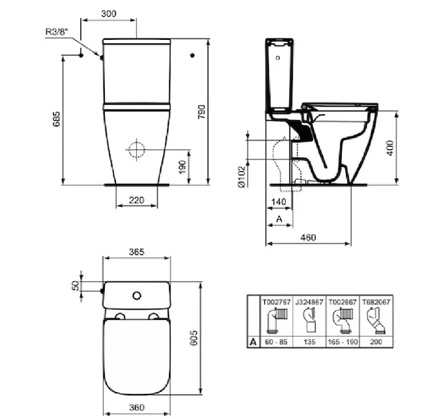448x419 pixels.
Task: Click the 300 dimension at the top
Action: (109, 14)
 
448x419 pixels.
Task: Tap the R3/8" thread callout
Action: (57, 31)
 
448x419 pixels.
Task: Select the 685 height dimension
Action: (57, 119)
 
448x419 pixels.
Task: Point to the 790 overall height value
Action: (202, 112)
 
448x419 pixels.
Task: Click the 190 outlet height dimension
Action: (182, 167)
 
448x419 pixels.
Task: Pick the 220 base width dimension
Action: (136, 200)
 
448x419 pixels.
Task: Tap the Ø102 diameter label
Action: (242, 177)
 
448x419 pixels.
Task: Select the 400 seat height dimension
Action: (390, 148)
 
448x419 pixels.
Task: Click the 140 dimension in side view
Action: (279, 202)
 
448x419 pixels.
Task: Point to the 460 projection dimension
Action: (308, 237)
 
